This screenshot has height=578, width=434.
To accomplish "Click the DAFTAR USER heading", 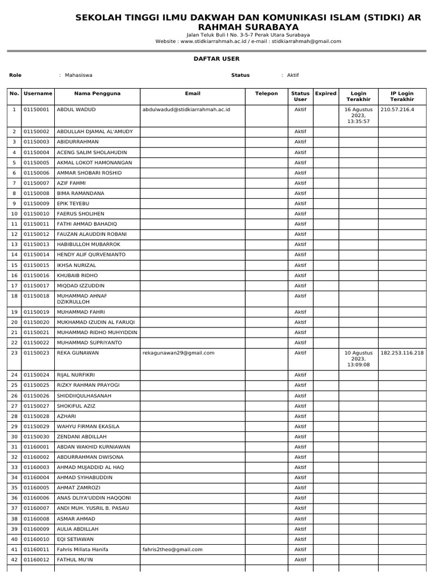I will coord(216,59).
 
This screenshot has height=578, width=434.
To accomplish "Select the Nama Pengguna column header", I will coord(97,94).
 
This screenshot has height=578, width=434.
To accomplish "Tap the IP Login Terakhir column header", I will coord(402,97).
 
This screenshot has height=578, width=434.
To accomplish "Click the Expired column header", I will coord(325,94).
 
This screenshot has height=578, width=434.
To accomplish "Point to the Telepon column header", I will coord(266,94).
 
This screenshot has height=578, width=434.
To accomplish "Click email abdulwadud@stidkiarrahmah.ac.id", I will coord(186,110).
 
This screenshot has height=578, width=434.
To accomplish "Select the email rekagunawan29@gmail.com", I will coord(179,353).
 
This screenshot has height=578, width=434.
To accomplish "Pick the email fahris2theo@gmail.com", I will coord(172,549).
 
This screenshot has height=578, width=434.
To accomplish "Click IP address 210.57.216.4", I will coord(397,110).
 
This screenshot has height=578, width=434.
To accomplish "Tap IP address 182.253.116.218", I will coord(402,353).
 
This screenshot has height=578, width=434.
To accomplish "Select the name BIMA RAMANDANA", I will coord(80,193).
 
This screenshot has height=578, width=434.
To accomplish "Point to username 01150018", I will coord(36,296).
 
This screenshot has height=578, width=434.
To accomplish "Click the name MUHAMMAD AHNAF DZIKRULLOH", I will coord(83,299).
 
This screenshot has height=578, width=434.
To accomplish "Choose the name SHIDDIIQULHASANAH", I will coord(84,396).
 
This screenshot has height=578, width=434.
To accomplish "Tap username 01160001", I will coord(36,447).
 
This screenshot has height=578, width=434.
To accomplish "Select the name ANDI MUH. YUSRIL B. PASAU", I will coord(93,508).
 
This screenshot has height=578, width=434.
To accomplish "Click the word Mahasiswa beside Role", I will coord(79,75).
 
